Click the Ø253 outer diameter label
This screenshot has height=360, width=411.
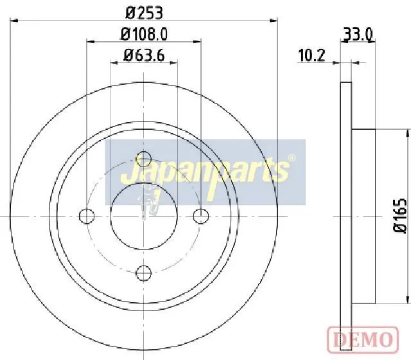pos(144,13)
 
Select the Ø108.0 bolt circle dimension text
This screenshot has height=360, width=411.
pos(144,34)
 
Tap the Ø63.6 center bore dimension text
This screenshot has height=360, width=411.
pos(144,55)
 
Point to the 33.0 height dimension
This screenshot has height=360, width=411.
pos(358,34)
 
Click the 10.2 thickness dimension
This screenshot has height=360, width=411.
pos(311,55)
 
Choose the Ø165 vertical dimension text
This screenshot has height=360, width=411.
pos(400,215)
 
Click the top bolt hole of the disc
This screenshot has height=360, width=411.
pos(144,159)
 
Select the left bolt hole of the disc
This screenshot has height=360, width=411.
pos(87,216)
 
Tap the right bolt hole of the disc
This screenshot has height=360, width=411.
pos(201,216)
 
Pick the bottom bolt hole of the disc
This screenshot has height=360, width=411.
pos(144,273)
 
